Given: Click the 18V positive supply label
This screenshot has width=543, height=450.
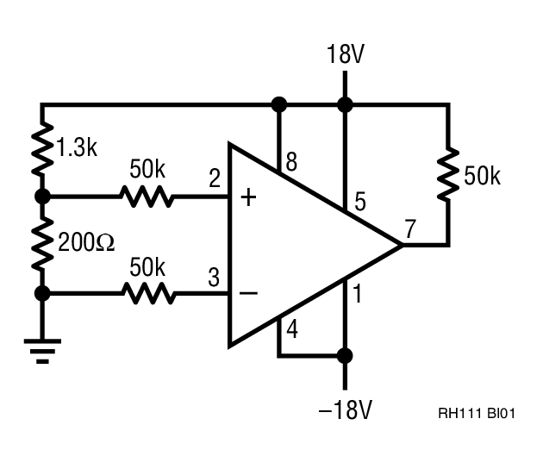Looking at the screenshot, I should [345, 55].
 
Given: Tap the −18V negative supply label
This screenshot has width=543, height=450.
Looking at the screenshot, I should [345, 410].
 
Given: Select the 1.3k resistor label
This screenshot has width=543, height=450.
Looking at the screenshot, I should [77, 147].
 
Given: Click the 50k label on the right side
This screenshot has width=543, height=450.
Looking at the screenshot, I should [482, 177].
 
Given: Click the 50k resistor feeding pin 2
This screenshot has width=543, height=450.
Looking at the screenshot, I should [147, 197].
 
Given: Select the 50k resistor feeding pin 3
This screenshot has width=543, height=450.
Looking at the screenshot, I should [147, 294].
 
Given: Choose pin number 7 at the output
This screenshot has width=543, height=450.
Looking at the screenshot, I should [410, 230].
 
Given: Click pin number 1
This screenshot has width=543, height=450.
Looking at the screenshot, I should [358, 296].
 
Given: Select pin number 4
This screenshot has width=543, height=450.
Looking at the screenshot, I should [291, 328].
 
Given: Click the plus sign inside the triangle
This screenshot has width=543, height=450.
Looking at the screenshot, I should [248, 198].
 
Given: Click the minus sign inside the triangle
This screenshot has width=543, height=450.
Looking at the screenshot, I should [248, 294].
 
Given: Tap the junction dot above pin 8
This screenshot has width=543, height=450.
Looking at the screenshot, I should [278, 105].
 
